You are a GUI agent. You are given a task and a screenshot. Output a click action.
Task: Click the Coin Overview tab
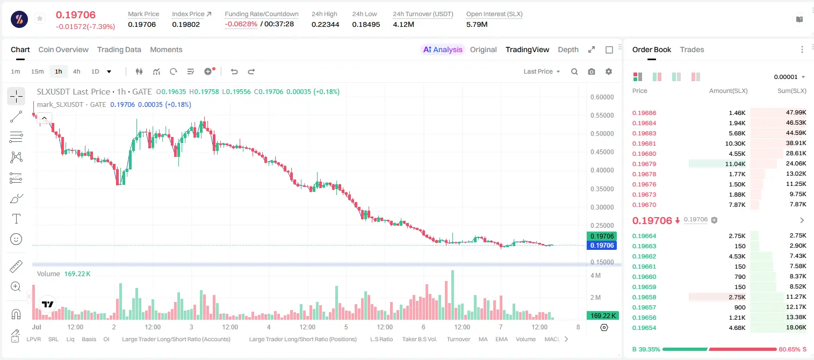point(63,49)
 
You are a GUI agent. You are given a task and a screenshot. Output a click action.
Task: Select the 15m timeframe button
point(37,71)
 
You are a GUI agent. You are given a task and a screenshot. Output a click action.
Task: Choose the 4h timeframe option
point(76,71)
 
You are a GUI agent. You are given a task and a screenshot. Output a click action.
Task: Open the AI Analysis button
point(443,49)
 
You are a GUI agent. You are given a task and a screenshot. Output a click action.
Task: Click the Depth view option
point(568,50)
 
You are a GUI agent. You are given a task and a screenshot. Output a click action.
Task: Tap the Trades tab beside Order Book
point(692,49)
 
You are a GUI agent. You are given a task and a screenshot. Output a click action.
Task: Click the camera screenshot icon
point(592,71)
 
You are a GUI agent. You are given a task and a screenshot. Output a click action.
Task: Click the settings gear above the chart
point(609,71)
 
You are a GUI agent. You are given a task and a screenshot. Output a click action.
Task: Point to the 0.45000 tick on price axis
point(602,152)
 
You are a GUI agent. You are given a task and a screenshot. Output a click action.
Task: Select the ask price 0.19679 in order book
point(644,164)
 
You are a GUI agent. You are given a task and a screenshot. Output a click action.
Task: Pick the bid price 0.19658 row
point(644,297)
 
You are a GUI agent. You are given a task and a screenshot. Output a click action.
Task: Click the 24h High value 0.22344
point(325,24)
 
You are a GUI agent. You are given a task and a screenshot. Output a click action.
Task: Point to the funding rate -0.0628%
point(241,24)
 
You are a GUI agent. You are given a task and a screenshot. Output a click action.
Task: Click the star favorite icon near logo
point(40,18)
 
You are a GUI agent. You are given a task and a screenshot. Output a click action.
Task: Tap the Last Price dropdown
point(542,71)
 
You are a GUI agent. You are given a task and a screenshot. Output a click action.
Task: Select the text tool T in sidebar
point(16,219)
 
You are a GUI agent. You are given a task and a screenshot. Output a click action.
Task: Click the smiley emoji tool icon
point(16,239)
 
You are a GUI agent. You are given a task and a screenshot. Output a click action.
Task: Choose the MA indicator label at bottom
point(483,339)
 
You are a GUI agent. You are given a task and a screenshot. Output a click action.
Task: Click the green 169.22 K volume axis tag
point(602,316)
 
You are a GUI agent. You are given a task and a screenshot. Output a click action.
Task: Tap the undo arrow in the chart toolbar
point(234,71)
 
